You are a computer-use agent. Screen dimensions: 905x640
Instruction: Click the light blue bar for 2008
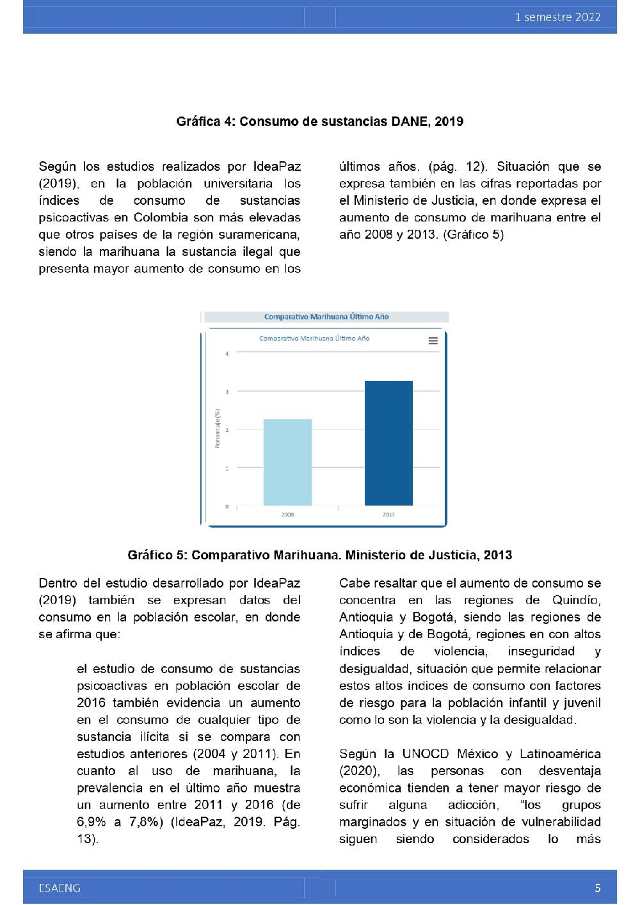coord(287,462)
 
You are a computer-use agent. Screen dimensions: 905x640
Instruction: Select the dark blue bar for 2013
coord(388,443)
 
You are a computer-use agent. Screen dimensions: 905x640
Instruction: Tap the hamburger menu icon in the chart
coord(433,340)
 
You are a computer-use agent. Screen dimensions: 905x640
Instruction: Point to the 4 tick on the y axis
coord(227,353)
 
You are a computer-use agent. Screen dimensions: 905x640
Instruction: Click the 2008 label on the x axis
coord(287,515)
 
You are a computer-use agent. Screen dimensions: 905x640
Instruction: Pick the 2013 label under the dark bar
coord(388,515)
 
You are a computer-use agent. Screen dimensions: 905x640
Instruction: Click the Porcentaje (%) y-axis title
coord(218,428)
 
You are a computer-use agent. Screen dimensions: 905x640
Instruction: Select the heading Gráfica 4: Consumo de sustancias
coord(319,121)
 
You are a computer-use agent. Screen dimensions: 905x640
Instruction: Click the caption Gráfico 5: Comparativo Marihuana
coord(319,555)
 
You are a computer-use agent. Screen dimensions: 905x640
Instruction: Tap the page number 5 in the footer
coord(598,888)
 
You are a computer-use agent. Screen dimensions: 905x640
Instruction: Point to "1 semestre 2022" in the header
coord(557,17)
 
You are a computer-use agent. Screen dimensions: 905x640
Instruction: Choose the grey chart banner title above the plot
coord(326,317)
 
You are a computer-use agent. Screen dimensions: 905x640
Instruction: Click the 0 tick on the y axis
coord(227,507)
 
